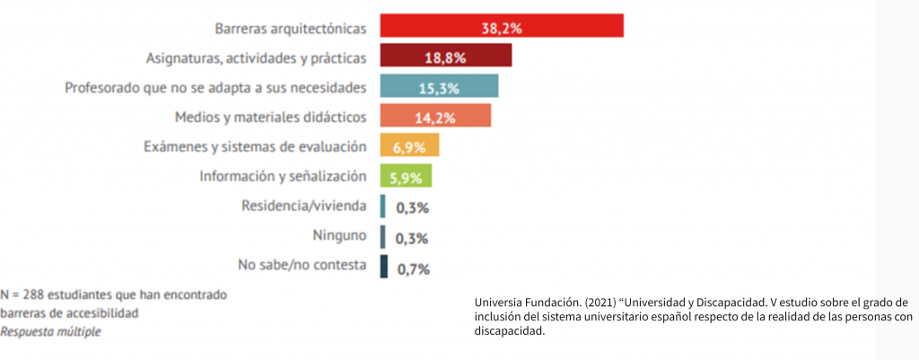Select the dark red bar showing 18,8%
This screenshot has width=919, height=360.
click(445, 57)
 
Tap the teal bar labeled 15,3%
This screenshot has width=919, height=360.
click(439, 87)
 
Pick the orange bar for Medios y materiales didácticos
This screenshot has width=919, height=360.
click(435, 117)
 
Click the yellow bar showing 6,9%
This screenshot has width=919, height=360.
click(409, 146)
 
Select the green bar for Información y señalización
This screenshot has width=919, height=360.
click(407, 176)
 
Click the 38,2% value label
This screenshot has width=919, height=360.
click(502, 28)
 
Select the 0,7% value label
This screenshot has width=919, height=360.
click(413, 268)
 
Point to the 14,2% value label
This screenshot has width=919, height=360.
click(435, 118)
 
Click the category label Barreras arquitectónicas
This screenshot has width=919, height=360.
click(291, 29)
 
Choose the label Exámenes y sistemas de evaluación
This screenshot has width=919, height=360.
click(256, 146)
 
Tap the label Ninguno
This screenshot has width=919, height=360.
click(341, 236)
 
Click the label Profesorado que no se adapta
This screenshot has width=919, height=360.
click(216, 88)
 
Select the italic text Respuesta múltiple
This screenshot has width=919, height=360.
click(50, 331)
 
